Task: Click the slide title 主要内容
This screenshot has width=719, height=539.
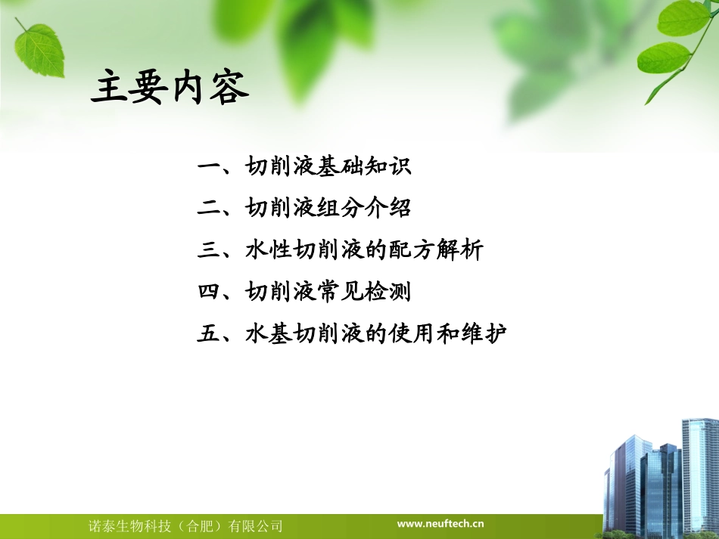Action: (170, 87)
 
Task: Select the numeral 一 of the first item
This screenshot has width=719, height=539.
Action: (209, 166)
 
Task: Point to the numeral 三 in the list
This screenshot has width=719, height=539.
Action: (209, 249)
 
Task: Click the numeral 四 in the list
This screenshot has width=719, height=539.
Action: (209, 291)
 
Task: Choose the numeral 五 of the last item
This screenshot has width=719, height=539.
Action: (209, 333)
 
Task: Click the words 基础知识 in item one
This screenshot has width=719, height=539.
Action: (363, 166)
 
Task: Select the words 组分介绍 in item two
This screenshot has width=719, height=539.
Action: (363, 208)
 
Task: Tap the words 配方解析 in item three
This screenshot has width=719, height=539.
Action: (436, 249)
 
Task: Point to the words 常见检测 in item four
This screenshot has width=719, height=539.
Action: (363, 291)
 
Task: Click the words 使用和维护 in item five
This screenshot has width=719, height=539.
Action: (447, 333)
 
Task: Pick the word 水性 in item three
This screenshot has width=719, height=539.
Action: (268, 249)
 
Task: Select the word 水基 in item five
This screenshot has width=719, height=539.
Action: (268, 333)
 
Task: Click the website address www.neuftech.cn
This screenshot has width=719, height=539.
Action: (440, 523)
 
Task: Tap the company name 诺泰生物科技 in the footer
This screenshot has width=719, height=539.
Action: (129, 526)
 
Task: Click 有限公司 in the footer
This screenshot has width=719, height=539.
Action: (255, 526)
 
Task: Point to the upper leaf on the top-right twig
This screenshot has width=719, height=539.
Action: (683, 17)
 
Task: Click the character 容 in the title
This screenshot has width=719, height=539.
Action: (229, 87)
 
